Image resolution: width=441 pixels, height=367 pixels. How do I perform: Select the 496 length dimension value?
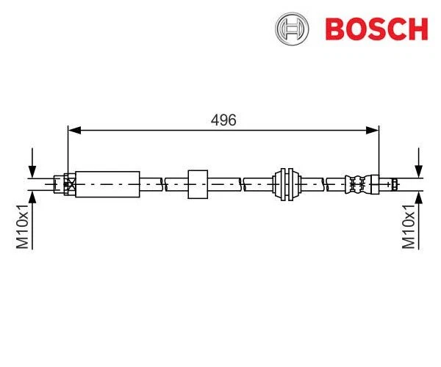point(223,120)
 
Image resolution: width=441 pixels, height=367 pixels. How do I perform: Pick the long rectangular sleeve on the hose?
point(107,183)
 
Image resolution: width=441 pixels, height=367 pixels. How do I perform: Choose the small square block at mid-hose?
point(198,183)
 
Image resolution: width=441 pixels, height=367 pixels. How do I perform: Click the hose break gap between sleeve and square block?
point(163,183)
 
